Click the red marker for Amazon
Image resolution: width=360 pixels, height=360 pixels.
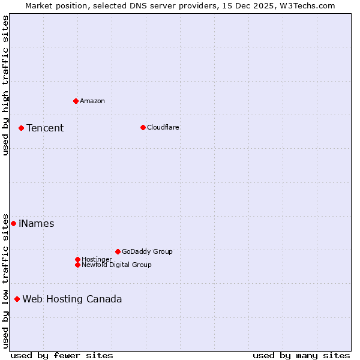[x=76, y=101]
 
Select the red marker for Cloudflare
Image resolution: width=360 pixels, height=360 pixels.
[x=143, y=127]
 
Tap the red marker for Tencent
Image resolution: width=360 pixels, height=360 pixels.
[x=21, y=128]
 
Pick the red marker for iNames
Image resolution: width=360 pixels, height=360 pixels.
[x=13, y=223]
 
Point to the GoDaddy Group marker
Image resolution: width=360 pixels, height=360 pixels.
[x=118, y=251]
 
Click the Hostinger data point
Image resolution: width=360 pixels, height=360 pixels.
[x=77, y=259]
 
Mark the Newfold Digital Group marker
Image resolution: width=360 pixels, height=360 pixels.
[x=77, y=265]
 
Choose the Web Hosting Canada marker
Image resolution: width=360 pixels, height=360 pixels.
[x=17, y=299]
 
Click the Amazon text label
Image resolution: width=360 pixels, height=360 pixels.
[x=92, y=101]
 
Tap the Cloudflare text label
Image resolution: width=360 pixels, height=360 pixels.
[x=163, y=127]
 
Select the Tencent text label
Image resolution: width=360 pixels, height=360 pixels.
[x=45, y=128]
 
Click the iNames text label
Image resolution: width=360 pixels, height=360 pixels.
[x=37, y=224]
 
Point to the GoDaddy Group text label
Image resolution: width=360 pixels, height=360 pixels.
[x=147, y=251]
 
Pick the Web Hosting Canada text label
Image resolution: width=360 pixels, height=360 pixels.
[x=72, y=299]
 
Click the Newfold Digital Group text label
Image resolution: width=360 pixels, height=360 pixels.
[x=116, y=265]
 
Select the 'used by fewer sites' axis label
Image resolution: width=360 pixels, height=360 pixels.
[x=62, y=355]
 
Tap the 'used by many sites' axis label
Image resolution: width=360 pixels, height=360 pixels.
[x=301, y=355]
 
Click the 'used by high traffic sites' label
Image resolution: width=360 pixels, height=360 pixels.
[x=6, y=85]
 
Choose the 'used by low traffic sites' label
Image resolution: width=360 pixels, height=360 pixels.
[x=6, y=280]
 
